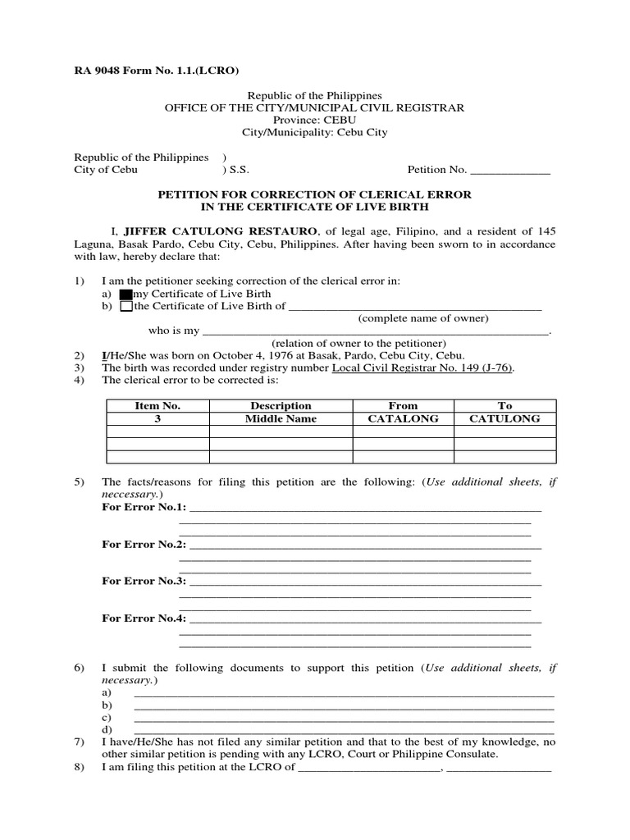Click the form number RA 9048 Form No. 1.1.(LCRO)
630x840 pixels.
click(157, 71)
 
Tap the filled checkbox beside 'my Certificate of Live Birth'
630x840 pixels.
click(126, 294)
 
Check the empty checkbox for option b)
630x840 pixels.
click(126, 307)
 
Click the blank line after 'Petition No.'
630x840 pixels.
click(509, 171)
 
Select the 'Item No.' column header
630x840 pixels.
click(157, 405)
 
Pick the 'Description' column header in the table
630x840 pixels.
click(281, 405)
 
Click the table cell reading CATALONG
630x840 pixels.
click(403, 418)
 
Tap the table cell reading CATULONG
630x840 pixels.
click(504, 418)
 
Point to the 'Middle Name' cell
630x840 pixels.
click(281, 418)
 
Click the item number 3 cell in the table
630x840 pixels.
click(157, 418)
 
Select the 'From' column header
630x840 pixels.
click(403, 405)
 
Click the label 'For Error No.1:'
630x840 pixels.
click(144, 508)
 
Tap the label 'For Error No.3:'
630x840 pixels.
click(144, 581)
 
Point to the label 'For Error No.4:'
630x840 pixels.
click(144, 618)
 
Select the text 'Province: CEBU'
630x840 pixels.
click(316, 120)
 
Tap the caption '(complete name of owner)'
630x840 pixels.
click(423, 318)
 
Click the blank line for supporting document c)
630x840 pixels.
click(343, 719)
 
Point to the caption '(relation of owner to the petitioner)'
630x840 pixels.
click(359, 343)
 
